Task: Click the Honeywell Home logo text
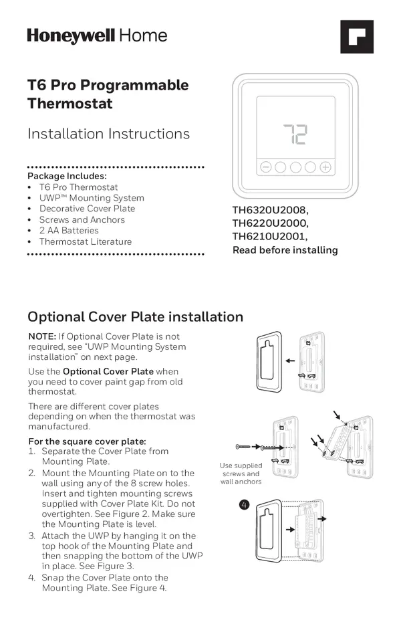97,35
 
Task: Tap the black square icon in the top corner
356,37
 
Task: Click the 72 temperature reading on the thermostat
295,134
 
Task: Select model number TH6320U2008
270,211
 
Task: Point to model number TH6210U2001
269,237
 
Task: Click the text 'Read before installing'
285,250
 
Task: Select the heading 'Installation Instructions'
108,134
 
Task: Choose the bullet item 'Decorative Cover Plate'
87,209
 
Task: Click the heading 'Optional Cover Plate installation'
135,317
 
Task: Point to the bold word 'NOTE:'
41,336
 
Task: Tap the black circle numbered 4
244,504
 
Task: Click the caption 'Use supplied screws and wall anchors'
241,474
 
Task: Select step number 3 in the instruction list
31,536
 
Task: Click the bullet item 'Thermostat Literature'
86,241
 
